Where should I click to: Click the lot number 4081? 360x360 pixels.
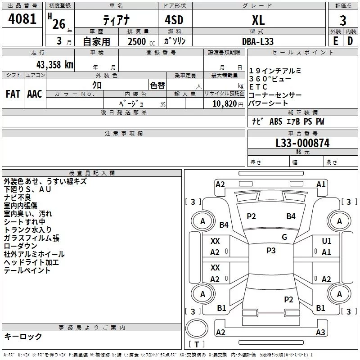click(22, 19)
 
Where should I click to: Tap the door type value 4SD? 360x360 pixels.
click(174, 20)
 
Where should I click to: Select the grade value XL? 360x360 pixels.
click(258, 20)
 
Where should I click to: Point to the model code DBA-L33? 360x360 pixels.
click(258, 41)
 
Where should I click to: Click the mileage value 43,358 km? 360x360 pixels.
click(55, 64)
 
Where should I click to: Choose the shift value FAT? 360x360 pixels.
click(13, 94)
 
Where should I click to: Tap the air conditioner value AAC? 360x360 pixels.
click(35, 94)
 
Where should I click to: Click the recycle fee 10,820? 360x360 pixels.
click(224, 103)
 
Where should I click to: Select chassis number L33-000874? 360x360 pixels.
click(302, 143)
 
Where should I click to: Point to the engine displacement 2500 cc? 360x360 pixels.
click(141, 41)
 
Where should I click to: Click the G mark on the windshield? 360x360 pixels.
click(284, 237)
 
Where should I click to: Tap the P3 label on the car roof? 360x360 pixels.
click(271, 251)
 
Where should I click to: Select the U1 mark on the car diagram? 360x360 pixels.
click(327, 241)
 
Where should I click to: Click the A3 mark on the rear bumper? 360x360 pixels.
click(320, 332)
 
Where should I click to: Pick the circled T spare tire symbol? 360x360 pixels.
click(197, 328)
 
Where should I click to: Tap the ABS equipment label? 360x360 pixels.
click(276, 121)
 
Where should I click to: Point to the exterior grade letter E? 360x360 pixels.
click(335, 41)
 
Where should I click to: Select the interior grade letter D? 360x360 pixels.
click(350, 41)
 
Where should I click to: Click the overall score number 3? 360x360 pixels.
click(343, 21)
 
